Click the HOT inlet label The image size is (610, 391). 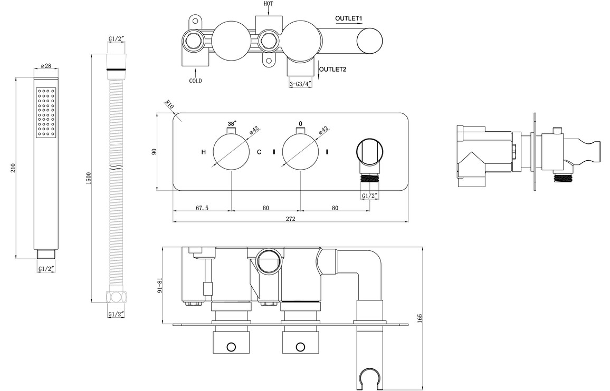point(268,4)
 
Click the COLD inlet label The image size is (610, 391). point(196,81)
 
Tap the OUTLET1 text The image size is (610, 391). point(348,18)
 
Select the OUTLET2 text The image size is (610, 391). point(333,69)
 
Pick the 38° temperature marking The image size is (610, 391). point(232,124)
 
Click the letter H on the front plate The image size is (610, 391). point(204,152)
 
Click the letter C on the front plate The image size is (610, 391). point(259,152)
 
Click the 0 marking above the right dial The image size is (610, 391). point(300,124)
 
